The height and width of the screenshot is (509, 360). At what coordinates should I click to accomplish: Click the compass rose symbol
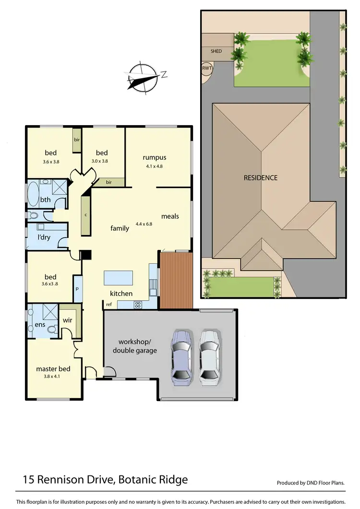click(143, 77)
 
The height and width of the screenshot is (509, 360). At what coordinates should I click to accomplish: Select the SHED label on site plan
click(216, 51)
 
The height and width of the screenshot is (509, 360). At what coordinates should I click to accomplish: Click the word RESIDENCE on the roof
click(260, 178)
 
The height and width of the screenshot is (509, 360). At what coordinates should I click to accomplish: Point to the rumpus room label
click(154, 157)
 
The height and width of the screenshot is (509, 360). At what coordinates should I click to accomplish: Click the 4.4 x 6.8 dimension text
click(144, 224)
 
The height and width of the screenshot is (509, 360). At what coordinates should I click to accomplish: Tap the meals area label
click(170, 216)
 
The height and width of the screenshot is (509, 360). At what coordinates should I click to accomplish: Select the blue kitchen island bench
click(118, 277)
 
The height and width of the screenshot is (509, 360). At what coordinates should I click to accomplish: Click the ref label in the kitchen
click(109, 304)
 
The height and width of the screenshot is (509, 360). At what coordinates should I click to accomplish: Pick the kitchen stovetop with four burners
click(137, 304)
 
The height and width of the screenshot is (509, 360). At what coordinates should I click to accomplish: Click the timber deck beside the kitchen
click(176, 281)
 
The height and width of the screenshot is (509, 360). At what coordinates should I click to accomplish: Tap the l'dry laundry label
click(44, 237)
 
